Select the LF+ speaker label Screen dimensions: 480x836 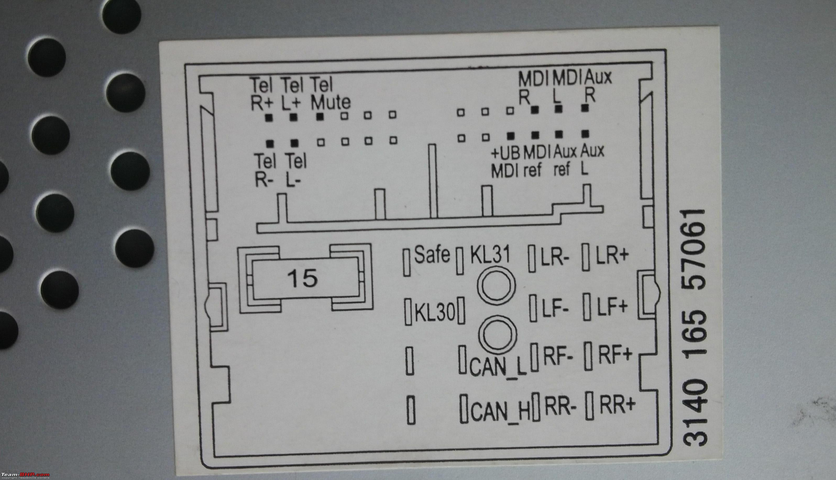612,307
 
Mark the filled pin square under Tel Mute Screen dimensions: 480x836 320,116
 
